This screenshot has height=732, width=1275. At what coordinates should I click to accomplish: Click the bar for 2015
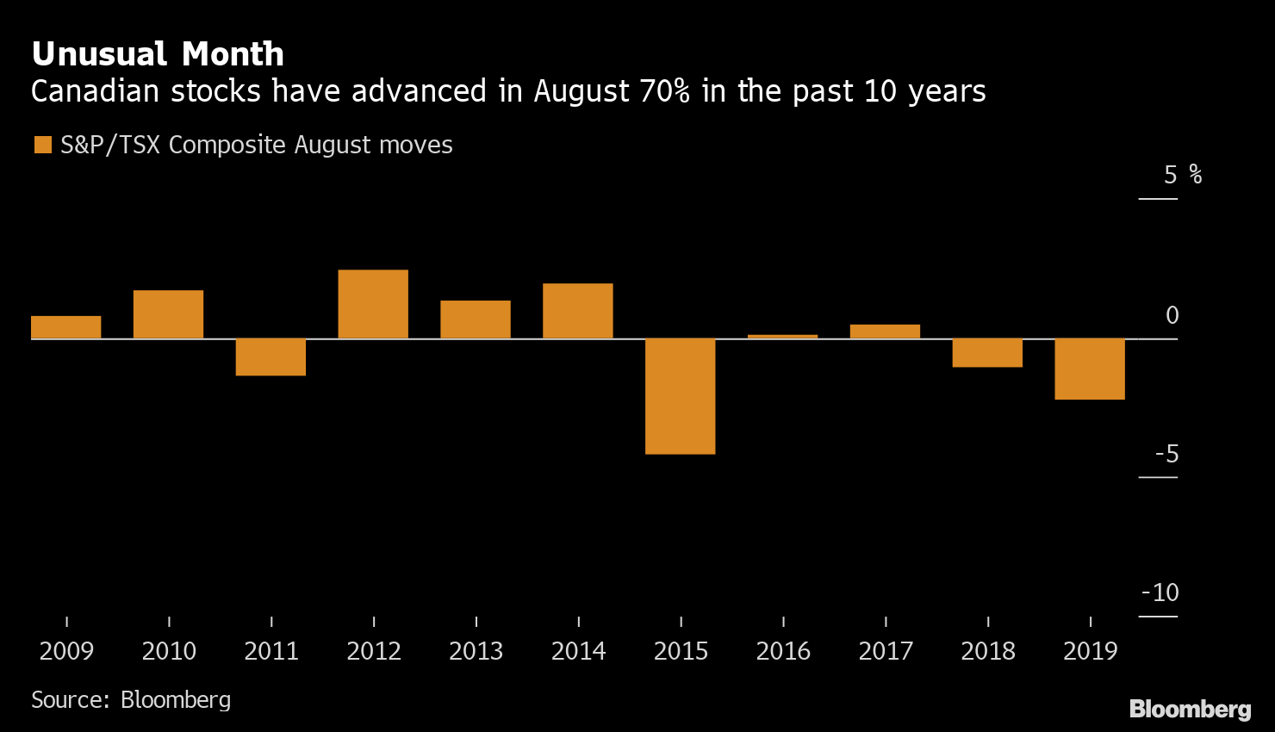680,396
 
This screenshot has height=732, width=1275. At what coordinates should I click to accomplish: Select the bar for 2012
373,304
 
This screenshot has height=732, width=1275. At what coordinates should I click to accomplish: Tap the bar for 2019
1090,369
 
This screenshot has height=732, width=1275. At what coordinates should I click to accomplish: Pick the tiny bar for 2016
782,336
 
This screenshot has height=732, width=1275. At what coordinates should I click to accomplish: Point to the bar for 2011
271,357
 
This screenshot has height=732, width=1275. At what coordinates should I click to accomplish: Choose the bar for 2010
168,314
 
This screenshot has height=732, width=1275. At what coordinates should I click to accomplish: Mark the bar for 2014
577,311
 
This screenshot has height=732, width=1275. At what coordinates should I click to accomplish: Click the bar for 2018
987,352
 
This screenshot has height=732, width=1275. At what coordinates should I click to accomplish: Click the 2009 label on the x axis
66,651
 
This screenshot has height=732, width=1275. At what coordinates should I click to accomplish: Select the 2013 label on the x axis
476,651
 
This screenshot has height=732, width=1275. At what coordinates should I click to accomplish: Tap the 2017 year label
886,651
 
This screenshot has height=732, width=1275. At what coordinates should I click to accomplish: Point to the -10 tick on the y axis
1160,593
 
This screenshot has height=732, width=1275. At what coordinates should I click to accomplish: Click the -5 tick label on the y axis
1166,454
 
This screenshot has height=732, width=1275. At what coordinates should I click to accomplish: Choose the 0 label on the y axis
1172,316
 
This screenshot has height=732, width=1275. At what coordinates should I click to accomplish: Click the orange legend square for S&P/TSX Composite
42,145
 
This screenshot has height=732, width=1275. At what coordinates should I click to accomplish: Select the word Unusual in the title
99,54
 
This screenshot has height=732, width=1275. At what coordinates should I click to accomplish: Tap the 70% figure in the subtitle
664,91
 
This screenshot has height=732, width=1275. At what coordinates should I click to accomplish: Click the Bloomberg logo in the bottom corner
1190,709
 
